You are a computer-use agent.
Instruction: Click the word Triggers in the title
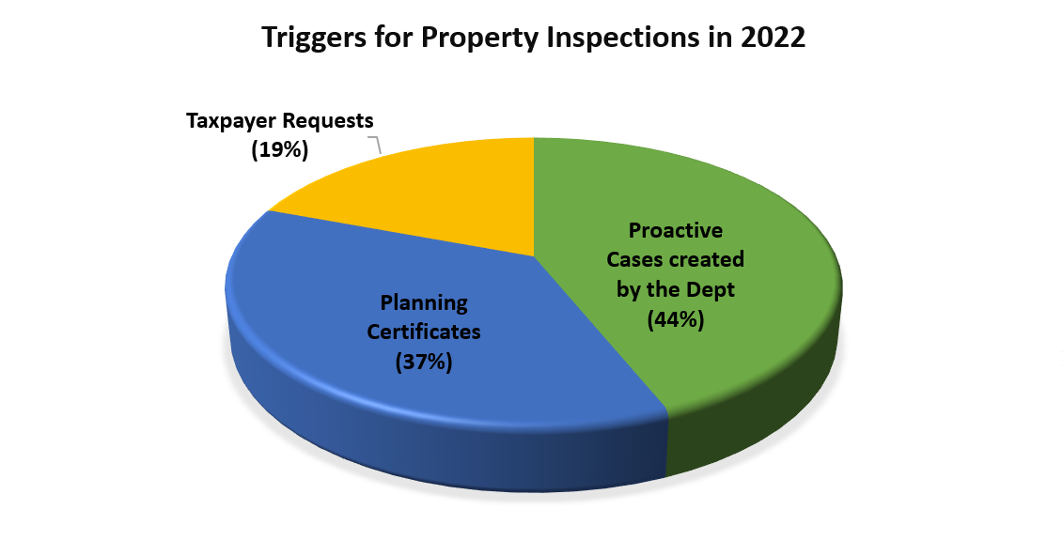tap(314, 38)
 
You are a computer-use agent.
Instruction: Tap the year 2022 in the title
tap(773, 37)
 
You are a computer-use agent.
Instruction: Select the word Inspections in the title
tap(623, 38)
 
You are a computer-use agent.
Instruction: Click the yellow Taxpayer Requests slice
tap(434, 190)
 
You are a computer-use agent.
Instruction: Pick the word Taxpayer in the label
tap(231, 121)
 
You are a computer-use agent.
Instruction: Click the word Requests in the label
tap(328, 121)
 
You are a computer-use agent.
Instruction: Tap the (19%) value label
tap(280, 149)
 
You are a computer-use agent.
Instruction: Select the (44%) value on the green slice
tap(676, 319)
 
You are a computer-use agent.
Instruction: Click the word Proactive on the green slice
tap(676, 230)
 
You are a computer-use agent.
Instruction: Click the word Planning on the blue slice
tap(424, 302)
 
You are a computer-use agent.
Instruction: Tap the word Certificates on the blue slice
tap(424, 332)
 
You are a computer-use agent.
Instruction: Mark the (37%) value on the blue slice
tap(424, 363)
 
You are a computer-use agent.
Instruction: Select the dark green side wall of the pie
tap(759, 413)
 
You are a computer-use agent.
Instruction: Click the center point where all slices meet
tap(534, 257)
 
